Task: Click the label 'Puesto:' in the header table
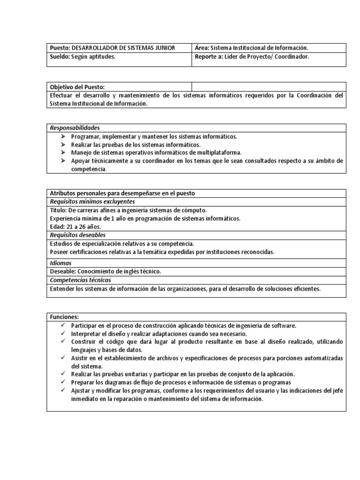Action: pyautogui.click(x=59, y=48)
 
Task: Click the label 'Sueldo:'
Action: pyautogui.click(x=60, y=57)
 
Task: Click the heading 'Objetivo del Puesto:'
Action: pyautogui.click(x=77, y=87)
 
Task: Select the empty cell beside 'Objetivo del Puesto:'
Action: pyautogui.click(x=269, y=87)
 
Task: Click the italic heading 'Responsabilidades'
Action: pyautogui.click(x=75, y=128)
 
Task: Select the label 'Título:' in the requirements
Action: pyautogui.click(x=58, y=210)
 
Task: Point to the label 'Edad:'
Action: pyautogui.click(x=57, y=226)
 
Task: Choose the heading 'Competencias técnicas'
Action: pyautogui.click(x=80, y=280)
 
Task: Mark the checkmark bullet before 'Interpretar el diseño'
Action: pyautogui.click(x=63, y=333)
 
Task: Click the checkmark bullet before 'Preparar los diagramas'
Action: pyautogui.click(x=63, y=382)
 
